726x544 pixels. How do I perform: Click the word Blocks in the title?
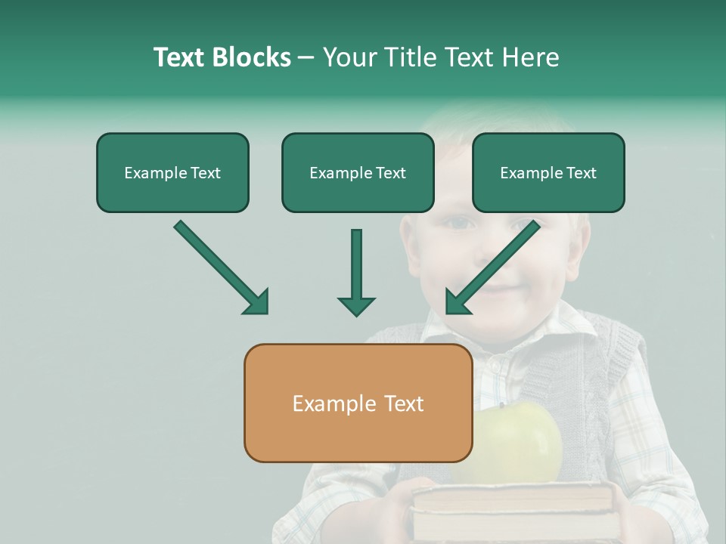(x=251, y=57)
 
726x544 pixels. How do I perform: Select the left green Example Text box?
(x=172, y=173)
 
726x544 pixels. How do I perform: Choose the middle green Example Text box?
(x=358, y=173)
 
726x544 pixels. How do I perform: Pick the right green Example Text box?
(x=548, y=173)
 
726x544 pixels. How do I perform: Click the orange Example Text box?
(x=358, y=403)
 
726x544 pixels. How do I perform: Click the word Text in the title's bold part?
(x=180, y=57)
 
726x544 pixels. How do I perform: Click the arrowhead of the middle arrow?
(x=356, y=305)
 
